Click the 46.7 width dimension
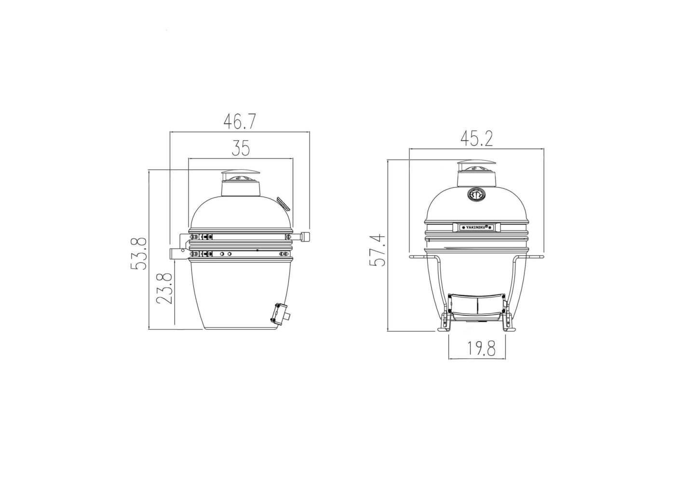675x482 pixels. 239,121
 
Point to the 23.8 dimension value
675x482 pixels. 164,288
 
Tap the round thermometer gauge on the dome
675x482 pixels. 476,194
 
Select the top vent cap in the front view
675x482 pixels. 476,163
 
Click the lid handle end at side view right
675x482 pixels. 305,237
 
